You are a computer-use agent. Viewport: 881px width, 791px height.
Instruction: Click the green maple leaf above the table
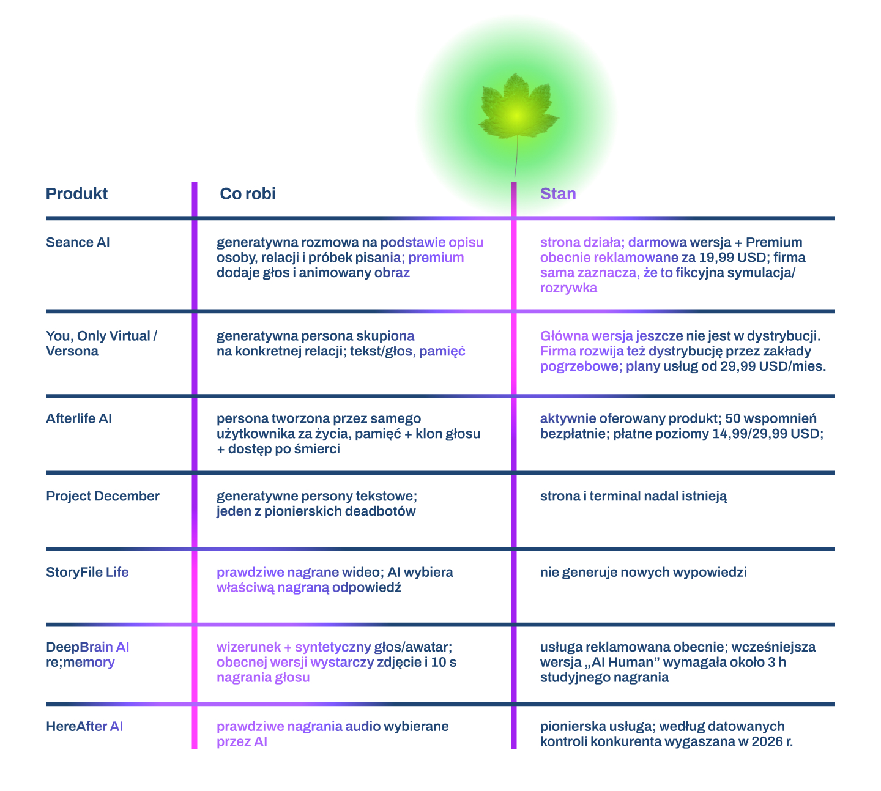pos(518,106)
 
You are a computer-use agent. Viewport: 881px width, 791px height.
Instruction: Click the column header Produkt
pos(76,193)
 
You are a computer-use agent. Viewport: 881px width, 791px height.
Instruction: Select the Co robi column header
pos(247,193)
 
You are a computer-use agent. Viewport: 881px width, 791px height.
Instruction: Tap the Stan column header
pos(558,193)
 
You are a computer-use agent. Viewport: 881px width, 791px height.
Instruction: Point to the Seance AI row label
pos(78,242)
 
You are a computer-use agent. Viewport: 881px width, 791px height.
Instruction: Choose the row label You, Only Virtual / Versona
pos(102,343)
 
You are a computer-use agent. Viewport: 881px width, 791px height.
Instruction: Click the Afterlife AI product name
pos(79,418)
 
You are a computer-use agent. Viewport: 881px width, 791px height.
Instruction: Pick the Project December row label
pos(103,496)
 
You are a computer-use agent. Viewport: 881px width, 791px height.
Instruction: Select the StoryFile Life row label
pos(87,572)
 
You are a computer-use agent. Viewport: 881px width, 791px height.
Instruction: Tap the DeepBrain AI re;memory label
pos(87,655)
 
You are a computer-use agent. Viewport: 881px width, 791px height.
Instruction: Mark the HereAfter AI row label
pos(84,726)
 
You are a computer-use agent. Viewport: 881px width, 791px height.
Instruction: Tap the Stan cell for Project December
pos(633,496)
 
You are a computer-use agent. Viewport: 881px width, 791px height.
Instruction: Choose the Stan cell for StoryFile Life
pos(643,572)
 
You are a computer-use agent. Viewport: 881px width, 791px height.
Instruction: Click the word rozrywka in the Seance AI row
pos(568,288)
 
